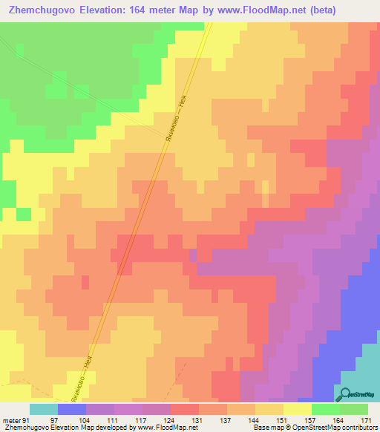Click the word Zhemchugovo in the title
(x=41, y=10)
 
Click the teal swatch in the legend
(x=44, y=409)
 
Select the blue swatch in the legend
(x=72, y=409)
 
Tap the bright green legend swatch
(x=326, y=409)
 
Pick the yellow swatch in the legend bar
(x=298, y=409)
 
